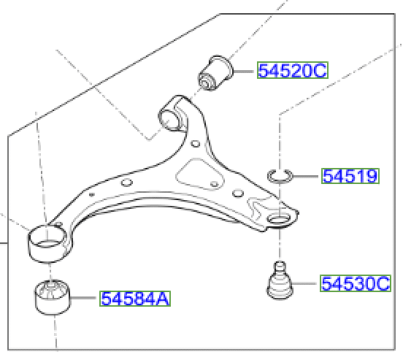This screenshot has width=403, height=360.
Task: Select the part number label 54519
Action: click(350, 176)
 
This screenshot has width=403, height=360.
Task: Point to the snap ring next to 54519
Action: click(279, 175)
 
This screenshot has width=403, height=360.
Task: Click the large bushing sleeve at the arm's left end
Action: click(45, 242)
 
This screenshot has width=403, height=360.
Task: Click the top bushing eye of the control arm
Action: click(172, 117)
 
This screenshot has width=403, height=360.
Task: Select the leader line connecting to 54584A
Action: click(84, 298)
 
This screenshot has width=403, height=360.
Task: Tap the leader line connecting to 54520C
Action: click(244, 71)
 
